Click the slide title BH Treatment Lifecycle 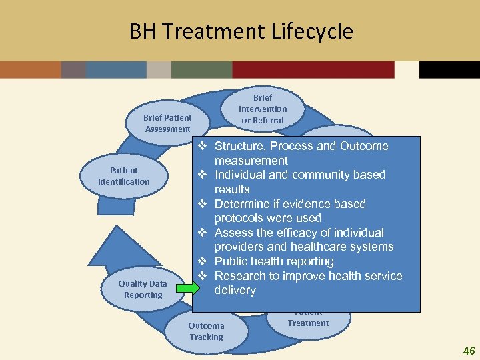click(x=241, y=31)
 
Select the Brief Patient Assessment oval click(x=167, y=123)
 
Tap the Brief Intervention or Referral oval click(x=263, y=109)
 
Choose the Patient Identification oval click(x=124, y=176)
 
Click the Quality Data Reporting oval click(x=143, y=289)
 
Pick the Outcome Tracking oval click(x=206, y=331)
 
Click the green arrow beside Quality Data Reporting click(x=187, y=289)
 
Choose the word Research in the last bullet click(x=241, y=276)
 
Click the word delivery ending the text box click(x=235, y=290)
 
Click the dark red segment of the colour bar click(x=313, y=70)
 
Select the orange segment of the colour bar click(x=30, y=70)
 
